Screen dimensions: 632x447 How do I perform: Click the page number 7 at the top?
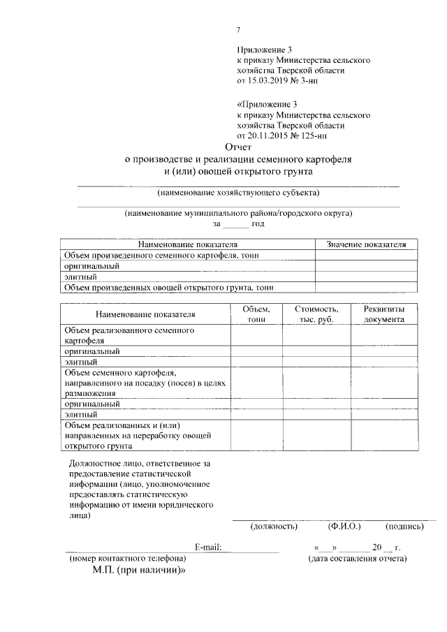pyautogui.click(x=238, y=29)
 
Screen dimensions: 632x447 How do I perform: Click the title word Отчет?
pyautogui.click(x=237, y=147)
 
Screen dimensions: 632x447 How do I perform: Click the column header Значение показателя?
pyautogui.click(x=366, y=244)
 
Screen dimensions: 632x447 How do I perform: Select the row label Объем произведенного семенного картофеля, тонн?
pyautogui.click(x=161, y=256)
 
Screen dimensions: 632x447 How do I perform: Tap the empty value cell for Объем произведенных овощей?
pyautogui.click(x=366, y=286)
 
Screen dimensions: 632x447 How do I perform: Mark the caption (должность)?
pyautogui.click(x=273, y=527)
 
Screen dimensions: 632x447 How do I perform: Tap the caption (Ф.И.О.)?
pyautogui.click(x=344, y=527)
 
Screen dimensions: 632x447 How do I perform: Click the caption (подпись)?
pyautogui.click(x=404, y=527)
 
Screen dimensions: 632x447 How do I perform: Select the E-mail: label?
pyautogui.click(x=207, y=547)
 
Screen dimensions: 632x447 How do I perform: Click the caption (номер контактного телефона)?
pyautogui.click(x=126, y=558)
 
